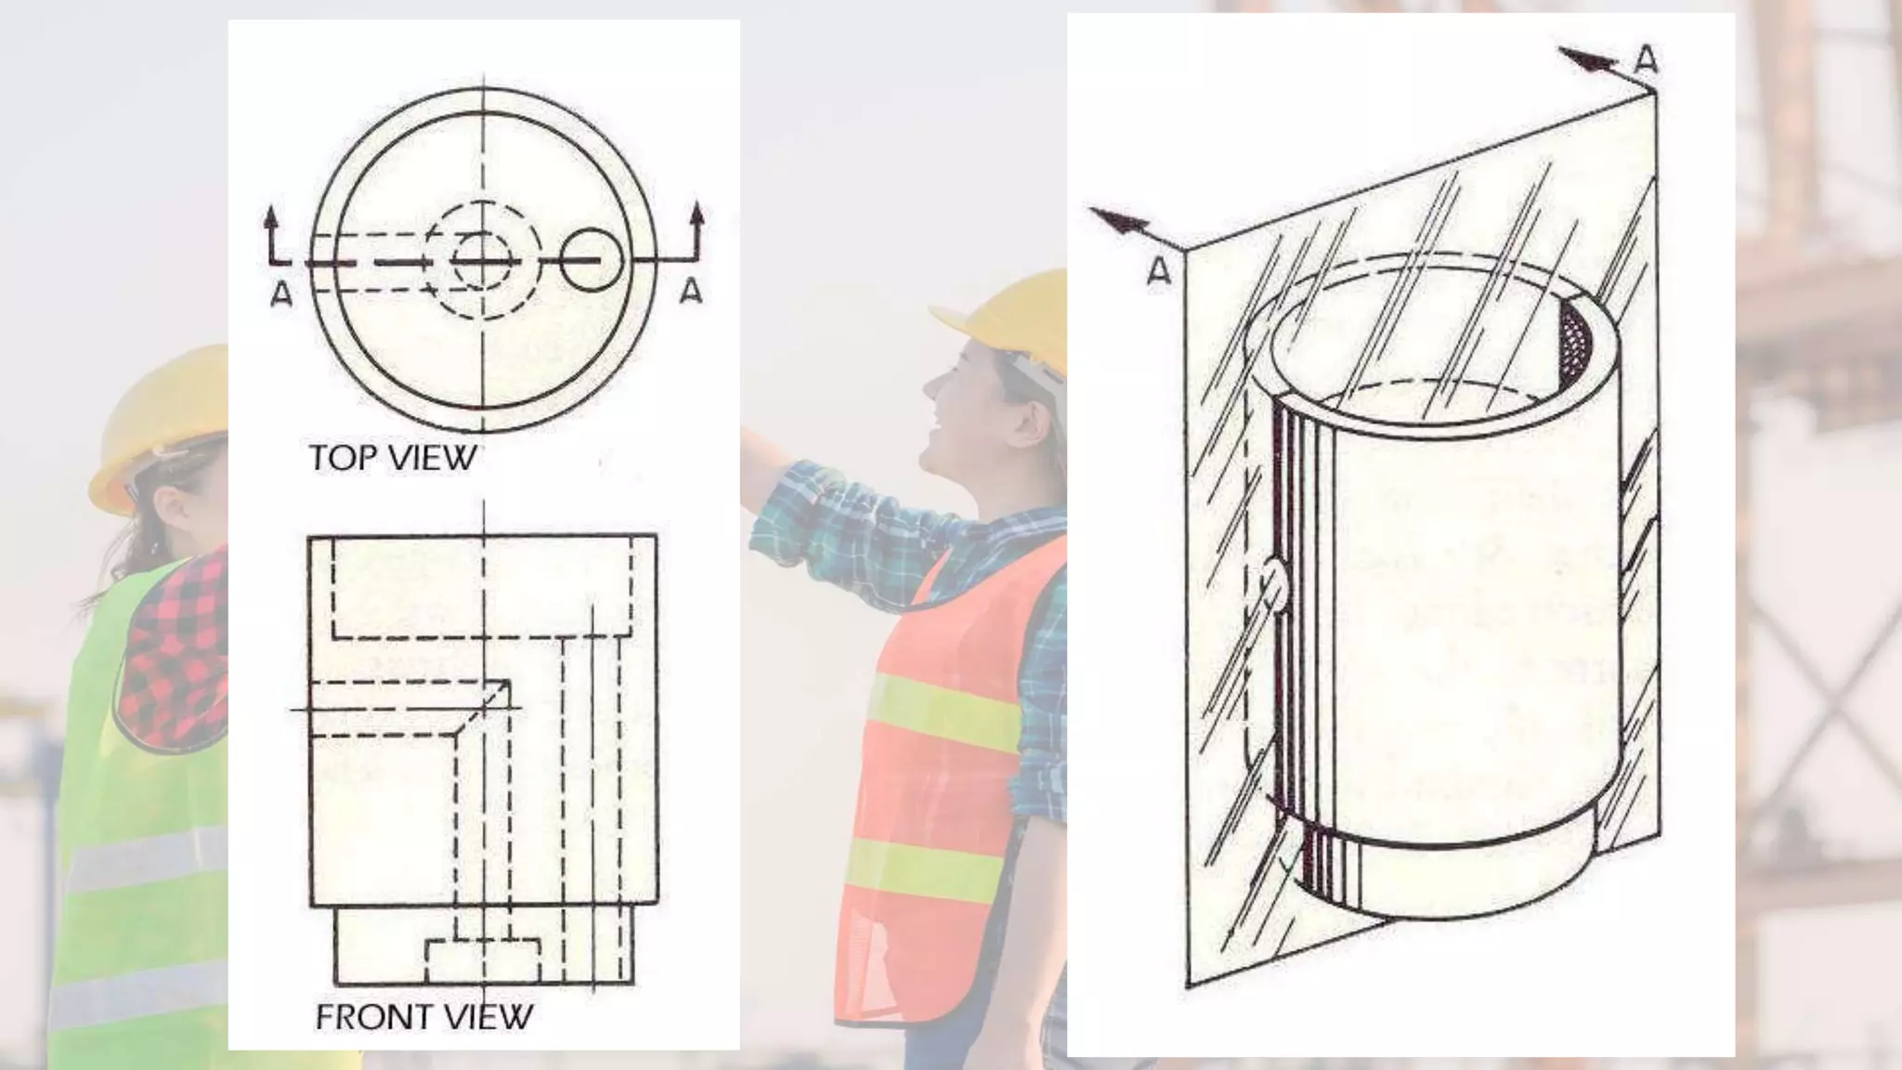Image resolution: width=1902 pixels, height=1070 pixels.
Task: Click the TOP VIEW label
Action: click(x=392, y=458)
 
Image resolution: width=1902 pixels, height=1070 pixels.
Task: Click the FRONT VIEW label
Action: click(x=423, y=1017)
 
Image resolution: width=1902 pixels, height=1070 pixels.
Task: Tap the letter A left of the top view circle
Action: click(x=281, y=294)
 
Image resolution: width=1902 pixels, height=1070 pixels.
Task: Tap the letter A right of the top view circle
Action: click(x=691, y=292)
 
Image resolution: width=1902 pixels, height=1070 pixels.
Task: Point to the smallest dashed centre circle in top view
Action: click(x=481, y=263)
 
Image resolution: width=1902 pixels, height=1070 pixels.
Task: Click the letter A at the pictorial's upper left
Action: click(x=1159, y=272)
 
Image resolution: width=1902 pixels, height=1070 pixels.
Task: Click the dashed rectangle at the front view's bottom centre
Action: click(x=483, y=961)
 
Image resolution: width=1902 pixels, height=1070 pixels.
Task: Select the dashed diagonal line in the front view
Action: click(x=481, y=708)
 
